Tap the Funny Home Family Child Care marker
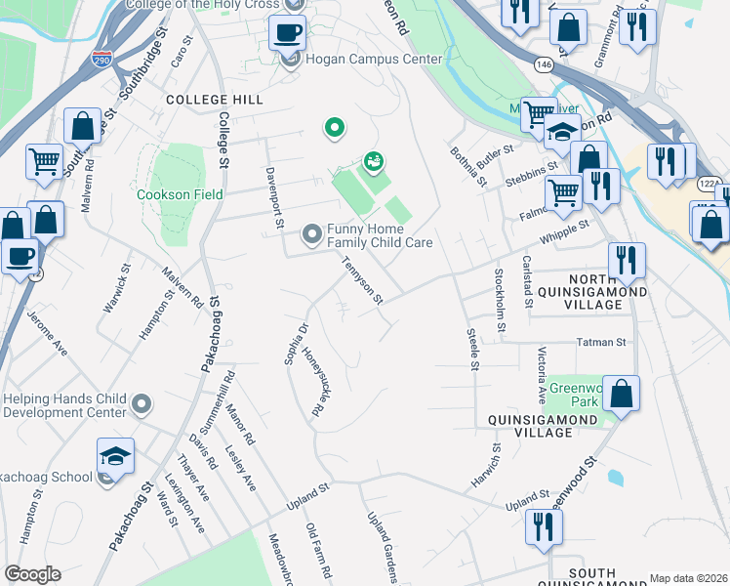311,233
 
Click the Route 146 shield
544,63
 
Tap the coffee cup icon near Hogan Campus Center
288,33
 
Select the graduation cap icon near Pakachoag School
115,456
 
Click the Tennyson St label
361,281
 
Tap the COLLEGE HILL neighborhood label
214,101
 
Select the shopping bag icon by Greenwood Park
621,395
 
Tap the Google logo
31,574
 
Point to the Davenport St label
273,199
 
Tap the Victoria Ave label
542,374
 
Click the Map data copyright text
687,578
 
